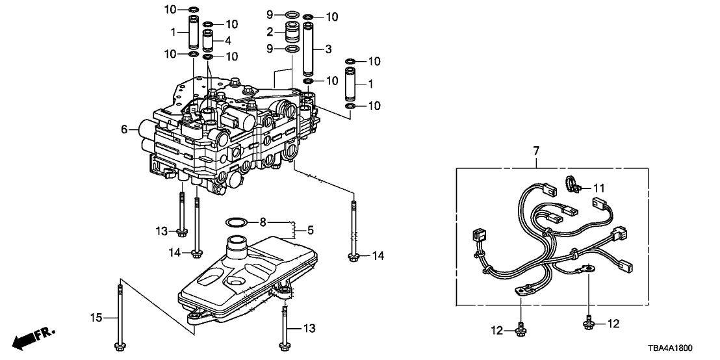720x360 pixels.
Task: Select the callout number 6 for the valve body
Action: (125, 130)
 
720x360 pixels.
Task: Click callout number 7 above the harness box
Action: (536, 151)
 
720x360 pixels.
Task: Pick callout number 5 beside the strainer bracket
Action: (311, 229)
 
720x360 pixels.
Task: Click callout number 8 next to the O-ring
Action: (263, 222)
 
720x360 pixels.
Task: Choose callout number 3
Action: (328, 49)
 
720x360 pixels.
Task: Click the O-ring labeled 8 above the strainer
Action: (237, 222)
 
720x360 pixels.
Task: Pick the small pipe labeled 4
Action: (209, 40)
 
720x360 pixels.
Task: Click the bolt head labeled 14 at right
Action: (354, 257)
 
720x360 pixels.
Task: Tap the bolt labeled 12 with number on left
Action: (520, 331)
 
